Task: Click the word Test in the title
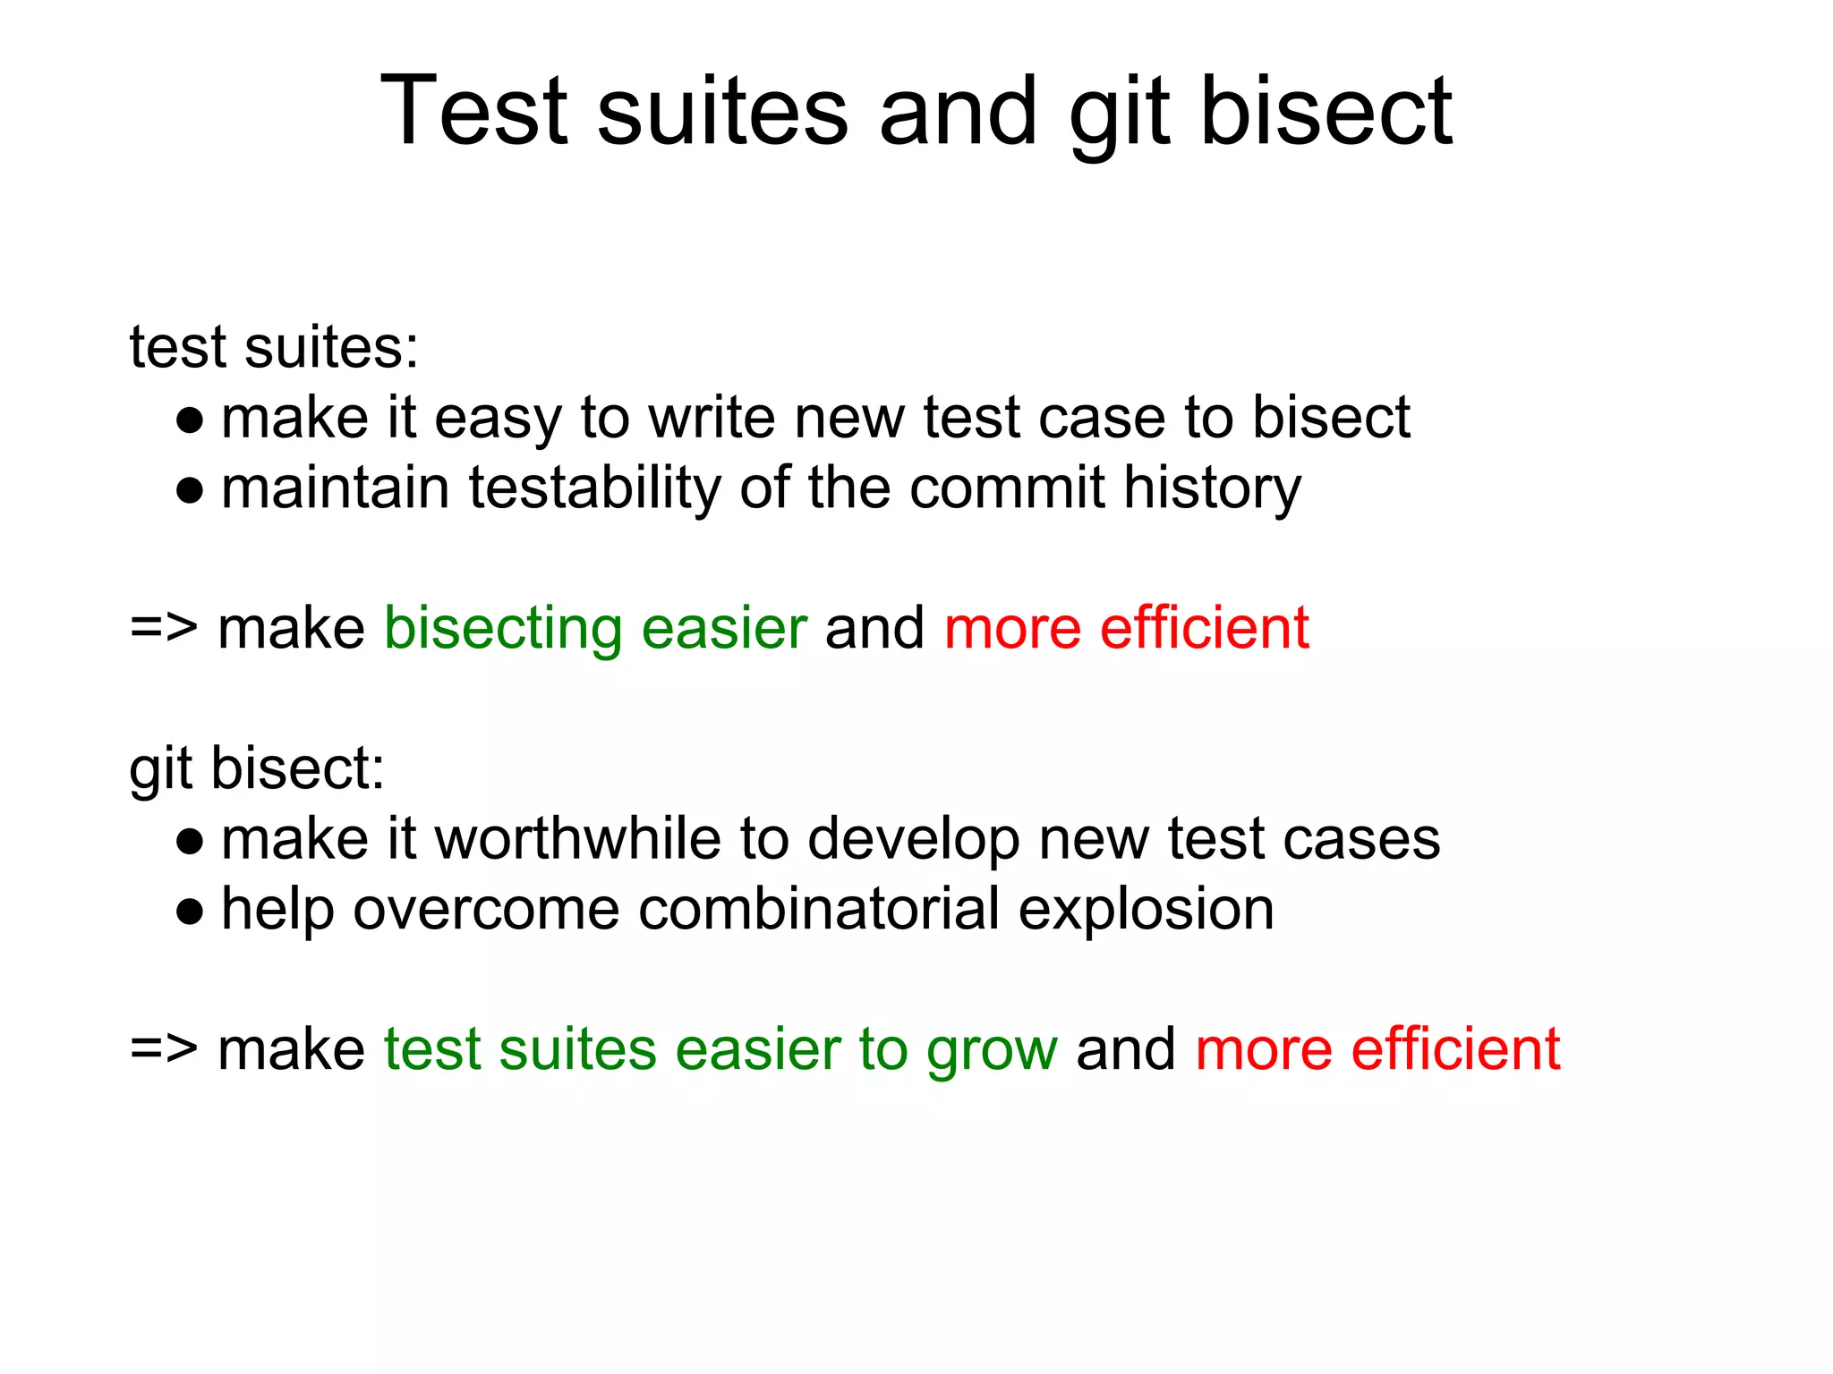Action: pos(474,111)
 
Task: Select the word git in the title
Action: pos(1119,111)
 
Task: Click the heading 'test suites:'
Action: pos(274,347)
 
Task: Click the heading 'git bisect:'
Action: pos(257,768)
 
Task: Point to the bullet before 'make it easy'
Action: pos(190,420)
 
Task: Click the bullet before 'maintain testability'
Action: pos(190,490)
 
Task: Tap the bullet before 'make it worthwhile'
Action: pos(190,841)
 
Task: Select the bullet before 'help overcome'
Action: pos(190,912)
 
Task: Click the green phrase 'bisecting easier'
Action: pos(595,628)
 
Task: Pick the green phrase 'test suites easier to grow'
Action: pos(720,1049)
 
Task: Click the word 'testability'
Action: pos(594,488)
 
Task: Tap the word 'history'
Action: pos(1212,488)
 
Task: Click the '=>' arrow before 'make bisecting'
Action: pos(163,628)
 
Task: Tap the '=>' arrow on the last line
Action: pos(163,1049)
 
